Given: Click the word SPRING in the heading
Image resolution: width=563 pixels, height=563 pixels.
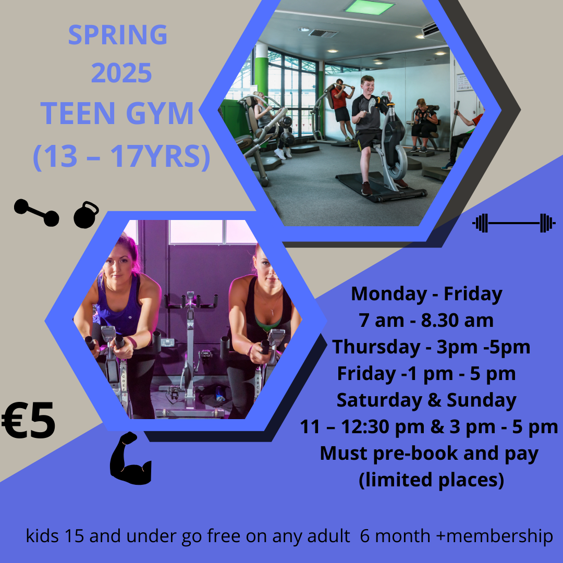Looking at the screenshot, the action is point(118,35).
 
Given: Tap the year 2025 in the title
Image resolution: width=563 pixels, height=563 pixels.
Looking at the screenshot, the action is point(121,73).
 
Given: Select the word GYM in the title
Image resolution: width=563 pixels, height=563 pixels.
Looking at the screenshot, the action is point(160,113).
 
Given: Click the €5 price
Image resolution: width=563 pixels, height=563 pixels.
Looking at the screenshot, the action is point(28,420).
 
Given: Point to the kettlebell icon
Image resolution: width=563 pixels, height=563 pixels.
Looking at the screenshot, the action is point(86,215).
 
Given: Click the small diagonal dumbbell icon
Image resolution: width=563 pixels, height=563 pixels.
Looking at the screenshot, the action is point(36,213).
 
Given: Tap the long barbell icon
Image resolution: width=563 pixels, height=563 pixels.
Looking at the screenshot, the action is point(514,223).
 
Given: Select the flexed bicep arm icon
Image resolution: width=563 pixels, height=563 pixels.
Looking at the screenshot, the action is point(130,459).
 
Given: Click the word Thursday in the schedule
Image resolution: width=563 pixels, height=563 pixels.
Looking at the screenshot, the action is point(376,347).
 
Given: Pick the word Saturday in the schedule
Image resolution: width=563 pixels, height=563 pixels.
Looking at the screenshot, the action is point(379,400).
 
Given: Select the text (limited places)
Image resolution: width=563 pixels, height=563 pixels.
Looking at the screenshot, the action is point(432,480).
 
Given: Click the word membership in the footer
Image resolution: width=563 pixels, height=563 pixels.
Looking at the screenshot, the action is point(499,536).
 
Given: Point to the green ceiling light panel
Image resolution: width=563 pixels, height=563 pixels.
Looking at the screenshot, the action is point(370,7).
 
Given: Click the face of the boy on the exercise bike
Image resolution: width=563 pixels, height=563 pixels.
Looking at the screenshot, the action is point(368,86).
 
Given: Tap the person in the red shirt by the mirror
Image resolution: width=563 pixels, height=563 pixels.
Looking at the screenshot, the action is point(341,109).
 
